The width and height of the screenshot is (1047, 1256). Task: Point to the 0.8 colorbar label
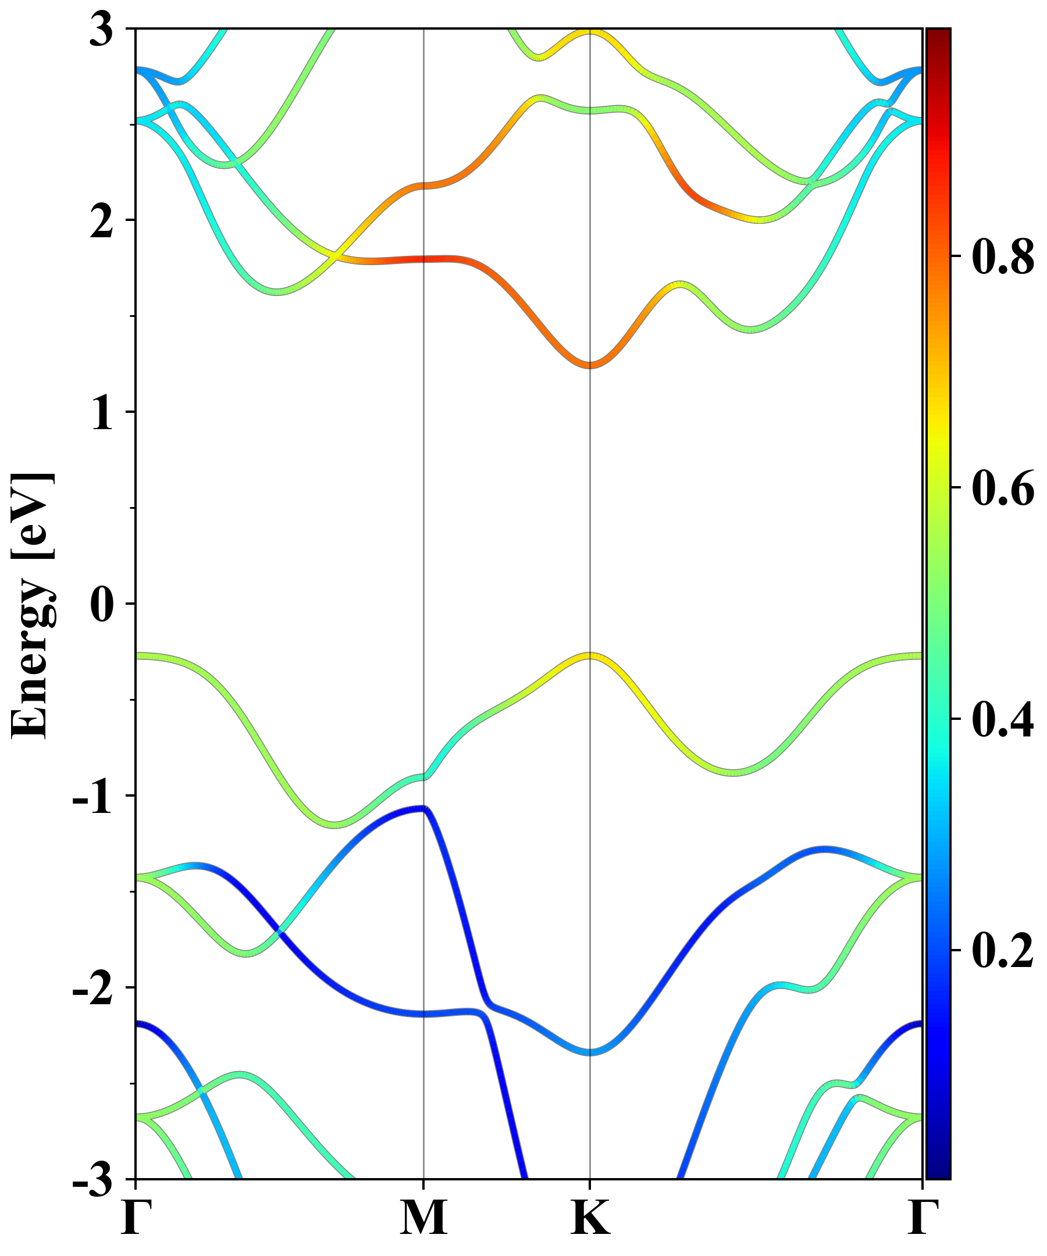coord(1003,256)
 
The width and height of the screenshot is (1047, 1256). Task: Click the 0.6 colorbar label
coord(1003,488)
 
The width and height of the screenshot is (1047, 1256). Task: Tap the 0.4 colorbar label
coord(1003,719)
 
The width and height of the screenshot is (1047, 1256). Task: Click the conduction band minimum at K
coord(590,365)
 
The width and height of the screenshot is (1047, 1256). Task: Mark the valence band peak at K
coord(590,655)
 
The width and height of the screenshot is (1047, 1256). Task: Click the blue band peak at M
coord(423,809)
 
